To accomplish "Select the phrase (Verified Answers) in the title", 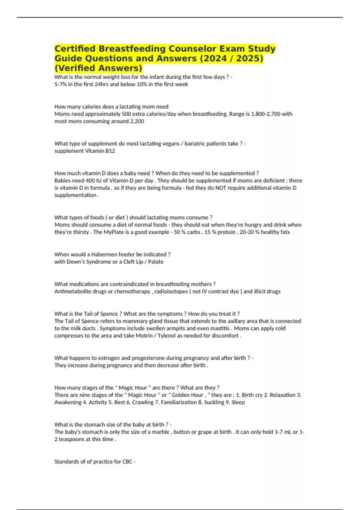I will pyautogui.click(x=98, y=68).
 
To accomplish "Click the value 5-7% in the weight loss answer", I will pyautogui.click(x=61, y=84).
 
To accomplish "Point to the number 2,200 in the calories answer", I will pyautogui.click(x=137, y=121).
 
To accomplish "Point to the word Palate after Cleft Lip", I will pyautogui.click(x=156, y=262).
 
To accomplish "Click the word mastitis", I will pyautogui.click(x=221, y=328).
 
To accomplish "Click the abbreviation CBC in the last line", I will pyautogui.click(x=127, y=462).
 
